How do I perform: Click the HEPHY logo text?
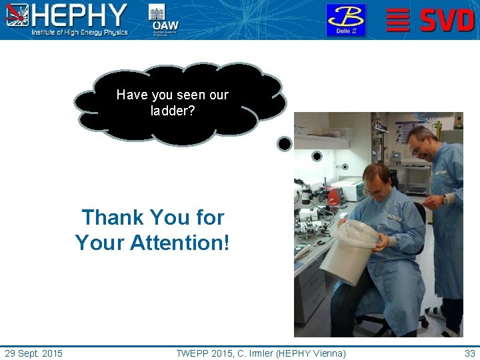(x=79, y=15)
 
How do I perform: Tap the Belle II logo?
(x=345, y=19)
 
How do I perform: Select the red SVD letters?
(x=447, y=20)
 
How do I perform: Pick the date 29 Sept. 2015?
(x=33, y=353)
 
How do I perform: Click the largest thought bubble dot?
(x=285, y=143)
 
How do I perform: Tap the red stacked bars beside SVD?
(x=398, y=20)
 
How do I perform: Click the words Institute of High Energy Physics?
(x=79, y=33)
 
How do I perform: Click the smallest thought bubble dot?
(x=345, y=167)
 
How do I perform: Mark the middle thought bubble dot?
(x=317, y=156)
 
